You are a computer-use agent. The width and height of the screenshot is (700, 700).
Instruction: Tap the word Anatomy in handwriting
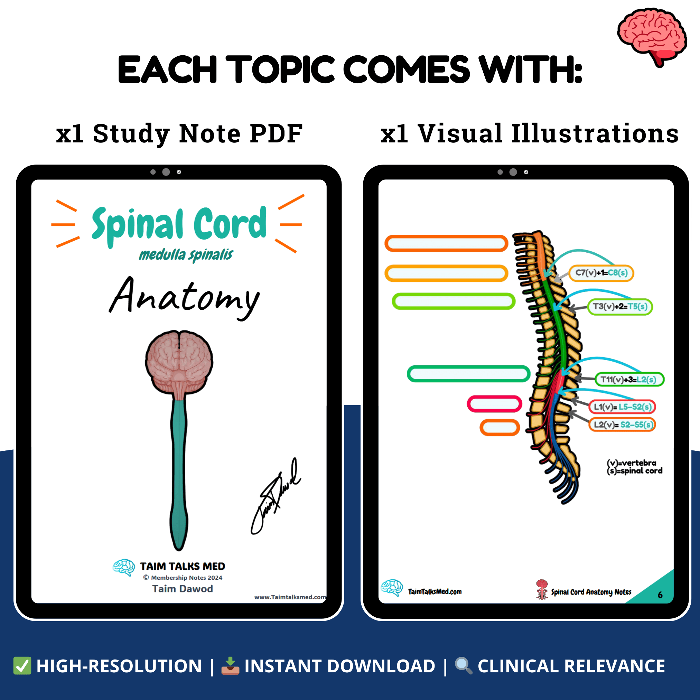185,297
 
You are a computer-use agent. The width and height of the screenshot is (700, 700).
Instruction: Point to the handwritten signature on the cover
276,496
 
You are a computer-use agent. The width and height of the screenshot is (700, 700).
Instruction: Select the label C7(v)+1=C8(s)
601,273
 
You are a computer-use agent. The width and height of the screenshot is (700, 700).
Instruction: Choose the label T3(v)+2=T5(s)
619,307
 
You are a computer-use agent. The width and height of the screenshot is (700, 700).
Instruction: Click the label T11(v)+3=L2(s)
629,379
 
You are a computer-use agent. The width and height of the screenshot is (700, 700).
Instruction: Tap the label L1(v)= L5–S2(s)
622,407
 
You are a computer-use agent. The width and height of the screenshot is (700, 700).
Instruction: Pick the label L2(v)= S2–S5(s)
622,424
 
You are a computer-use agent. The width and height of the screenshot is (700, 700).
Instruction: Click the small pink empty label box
494,404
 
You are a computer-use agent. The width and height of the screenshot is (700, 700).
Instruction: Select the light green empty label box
453,301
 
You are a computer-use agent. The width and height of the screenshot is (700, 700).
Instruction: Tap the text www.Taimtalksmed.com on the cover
290,597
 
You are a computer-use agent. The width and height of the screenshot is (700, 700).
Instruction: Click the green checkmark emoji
22,666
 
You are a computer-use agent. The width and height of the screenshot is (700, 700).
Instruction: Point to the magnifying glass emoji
464,666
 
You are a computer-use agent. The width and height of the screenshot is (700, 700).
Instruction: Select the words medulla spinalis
186,255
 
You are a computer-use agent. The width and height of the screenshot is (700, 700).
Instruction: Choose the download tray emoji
231,666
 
